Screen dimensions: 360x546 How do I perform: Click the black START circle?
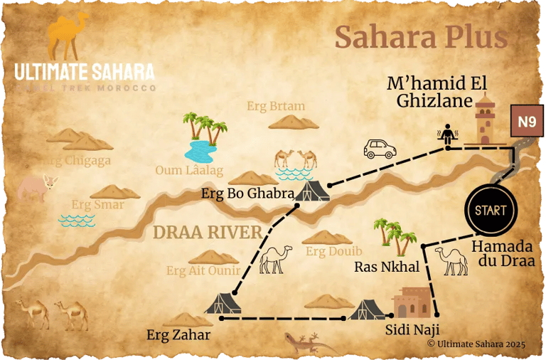tap(491, 211)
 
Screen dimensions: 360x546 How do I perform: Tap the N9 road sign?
tap(526, 122)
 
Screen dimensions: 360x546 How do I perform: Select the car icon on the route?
tap(380, 149)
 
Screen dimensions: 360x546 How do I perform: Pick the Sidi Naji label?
tap(412, 329)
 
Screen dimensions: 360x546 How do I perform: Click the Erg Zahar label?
tap(178, 334)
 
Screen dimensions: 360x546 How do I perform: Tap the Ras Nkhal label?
tap(387, 268)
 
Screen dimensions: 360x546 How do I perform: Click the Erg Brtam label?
tap(276, 106)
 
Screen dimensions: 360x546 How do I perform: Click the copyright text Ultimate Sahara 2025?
tap(476, 344)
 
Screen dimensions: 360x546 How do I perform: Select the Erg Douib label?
tap(334, 251)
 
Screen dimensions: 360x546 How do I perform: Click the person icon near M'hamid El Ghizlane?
tap(448, 134)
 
